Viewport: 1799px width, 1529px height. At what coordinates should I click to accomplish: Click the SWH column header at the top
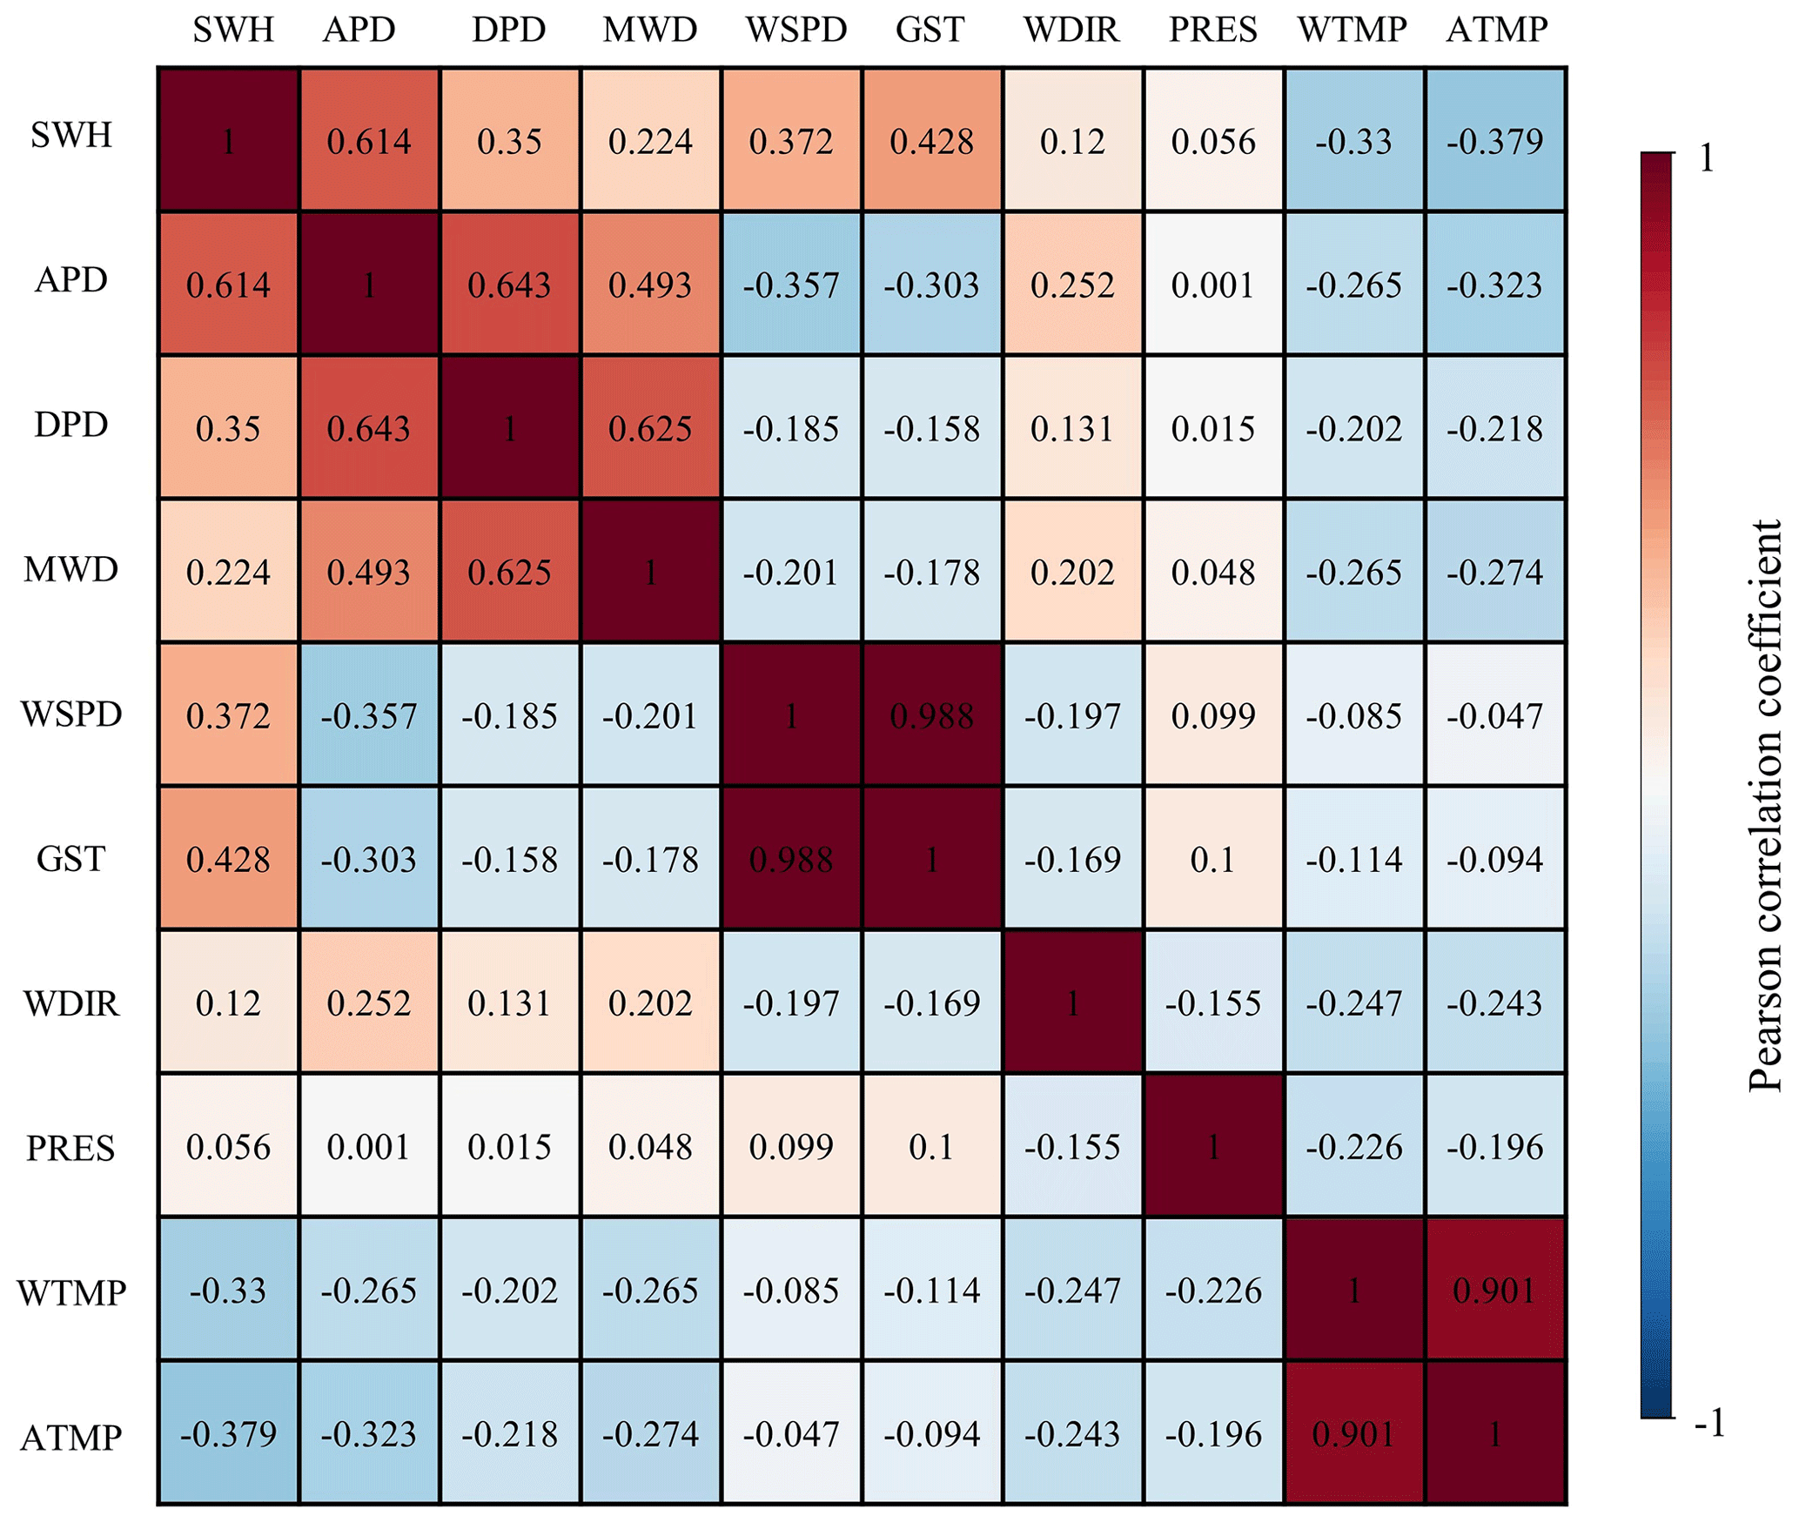[232, 30]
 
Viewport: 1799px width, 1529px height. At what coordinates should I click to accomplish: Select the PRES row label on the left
[70, 1148]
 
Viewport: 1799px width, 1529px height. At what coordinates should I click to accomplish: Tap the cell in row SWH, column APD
[369, 140]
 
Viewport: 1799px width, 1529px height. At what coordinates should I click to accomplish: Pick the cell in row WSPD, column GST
[932, 715]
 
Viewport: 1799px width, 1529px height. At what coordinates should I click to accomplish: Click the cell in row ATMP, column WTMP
[1353, 1433]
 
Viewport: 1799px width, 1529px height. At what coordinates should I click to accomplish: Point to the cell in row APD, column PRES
[1213, 285]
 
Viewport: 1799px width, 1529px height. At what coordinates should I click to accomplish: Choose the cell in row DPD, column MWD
[650, 428]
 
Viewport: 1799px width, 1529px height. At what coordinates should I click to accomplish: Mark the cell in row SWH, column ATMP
[1495, 140]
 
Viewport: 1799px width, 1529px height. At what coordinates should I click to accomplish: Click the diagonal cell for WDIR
[1072, 1003]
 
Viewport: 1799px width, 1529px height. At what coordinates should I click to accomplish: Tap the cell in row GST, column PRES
[1213, 859]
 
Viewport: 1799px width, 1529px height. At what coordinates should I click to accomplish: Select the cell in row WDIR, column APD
[369, 1003]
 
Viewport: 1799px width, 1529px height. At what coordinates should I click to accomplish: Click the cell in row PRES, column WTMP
[1353, 1146]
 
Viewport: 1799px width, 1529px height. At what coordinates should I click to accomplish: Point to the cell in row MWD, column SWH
[228, 572]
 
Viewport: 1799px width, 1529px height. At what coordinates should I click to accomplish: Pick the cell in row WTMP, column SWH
[228, 1290]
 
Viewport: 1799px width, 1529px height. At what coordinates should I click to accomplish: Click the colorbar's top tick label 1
[1706, 158]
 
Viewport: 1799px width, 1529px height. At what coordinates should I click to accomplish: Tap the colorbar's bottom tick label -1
[1709, 1424]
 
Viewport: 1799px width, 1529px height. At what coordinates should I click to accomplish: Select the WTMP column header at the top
[1352, 30]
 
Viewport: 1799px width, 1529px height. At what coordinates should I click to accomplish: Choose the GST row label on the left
[70, 859]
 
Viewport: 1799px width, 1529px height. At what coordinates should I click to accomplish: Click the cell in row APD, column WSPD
[791, 285]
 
